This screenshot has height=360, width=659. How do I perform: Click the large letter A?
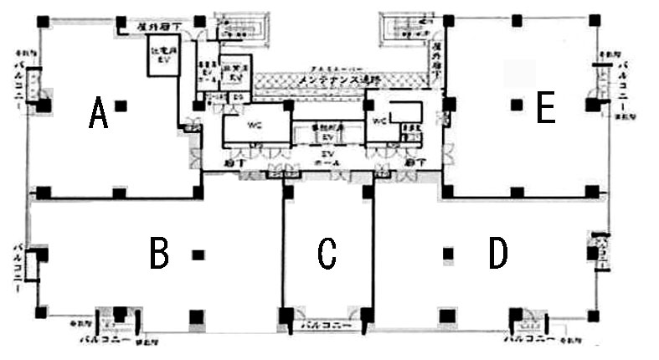point(99,113)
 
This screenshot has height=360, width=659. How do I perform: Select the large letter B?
point(159,253)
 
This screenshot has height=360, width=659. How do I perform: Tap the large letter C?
point(327,254)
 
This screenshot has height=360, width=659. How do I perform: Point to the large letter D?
point(498,253)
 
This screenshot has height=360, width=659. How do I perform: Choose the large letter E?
point(546,108)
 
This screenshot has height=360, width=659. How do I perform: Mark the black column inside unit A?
point(121,105)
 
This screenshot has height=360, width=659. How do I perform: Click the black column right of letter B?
point(198,254)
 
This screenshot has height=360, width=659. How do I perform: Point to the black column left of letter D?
point(448,253)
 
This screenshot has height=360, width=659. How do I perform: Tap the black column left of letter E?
point(516,105)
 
